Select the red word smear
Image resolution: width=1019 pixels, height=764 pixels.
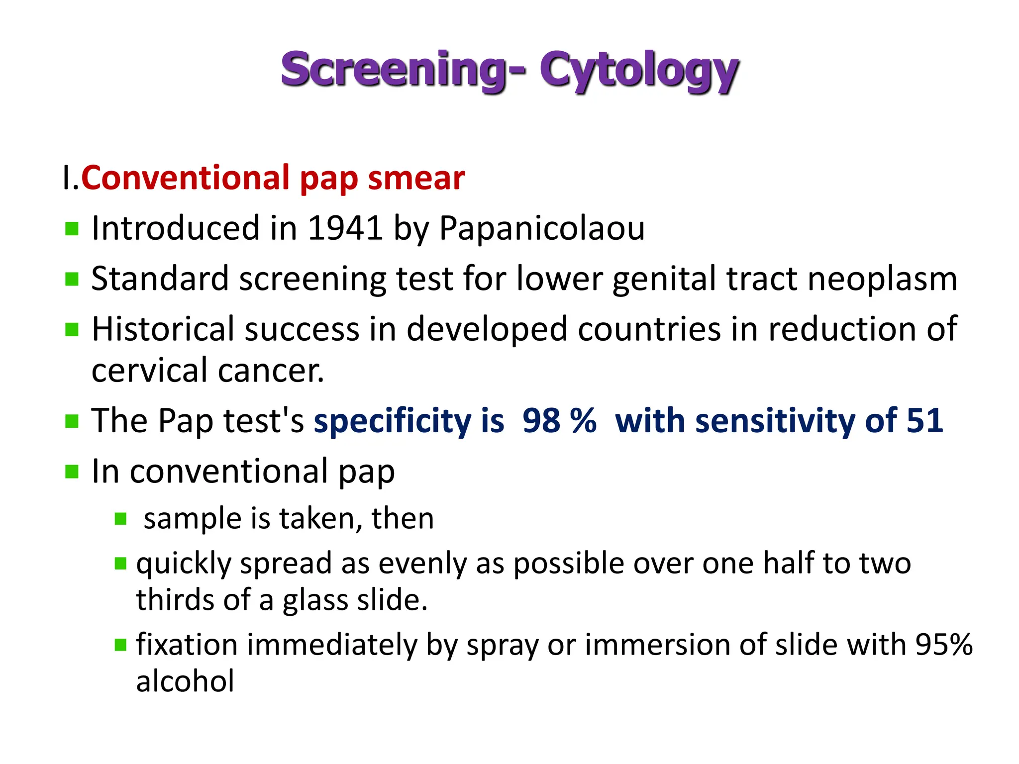click(416, 178)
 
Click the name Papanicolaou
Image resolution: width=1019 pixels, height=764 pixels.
click(542, 228)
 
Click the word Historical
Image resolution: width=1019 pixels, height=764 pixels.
click(163, 329)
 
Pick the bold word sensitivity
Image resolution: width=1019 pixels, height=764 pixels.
click(776, 421)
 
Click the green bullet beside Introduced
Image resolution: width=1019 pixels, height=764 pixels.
click(72, 229)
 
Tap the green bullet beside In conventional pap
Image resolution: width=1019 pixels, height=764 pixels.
click(72, 472)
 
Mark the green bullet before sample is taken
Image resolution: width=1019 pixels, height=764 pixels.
click(121, 519)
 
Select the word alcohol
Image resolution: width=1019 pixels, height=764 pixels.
click(185, 681)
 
